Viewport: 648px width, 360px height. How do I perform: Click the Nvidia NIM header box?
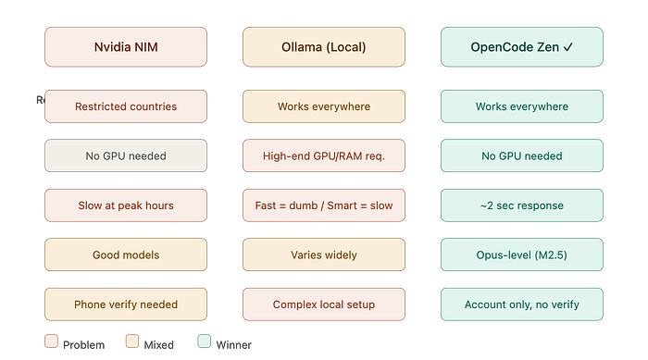tap(126, 46)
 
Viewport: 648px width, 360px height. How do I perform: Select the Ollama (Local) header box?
tap(324, 46)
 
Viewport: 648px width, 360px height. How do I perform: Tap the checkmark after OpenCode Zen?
tap(568, 47)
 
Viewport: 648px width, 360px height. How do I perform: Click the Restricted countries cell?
tap(126, 106)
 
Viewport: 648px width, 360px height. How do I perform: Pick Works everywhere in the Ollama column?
tap(324, 106)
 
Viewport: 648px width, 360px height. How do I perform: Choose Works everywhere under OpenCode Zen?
tap(521, 106)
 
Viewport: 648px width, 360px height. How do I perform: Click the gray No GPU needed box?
tap(126, 155)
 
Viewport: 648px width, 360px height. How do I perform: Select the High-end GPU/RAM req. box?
tap(324, 155)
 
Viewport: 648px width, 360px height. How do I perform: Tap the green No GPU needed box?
tap(521, 155)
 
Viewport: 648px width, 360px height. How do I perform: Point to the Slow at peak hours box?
tap(126, 205)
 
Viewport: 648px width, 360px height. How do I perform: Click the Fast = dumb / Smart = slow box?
tap(324, 205)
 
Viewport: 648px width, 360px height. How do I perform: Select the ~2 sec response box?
tap(521, 205)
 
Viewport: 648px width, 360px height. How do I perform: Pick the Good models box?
tap(126, 254)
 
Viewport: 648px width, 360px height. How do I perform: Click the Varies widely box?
tap(324, 254)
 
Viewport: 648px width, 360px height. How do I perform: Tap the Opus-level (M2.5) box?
tap(521, 254)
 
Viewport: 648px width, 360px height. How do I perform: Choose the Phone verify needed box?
tap(126, 304)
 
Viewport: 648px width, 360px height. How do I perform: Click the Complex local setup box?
tap(324, 304)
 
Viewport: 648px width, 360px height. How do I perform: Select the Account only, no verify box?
tap(521, 304)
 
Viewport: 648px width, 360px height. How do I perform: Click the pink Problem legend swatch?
tap(51, 341)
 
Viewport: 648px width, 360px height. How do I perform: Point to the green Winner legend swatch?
tap(205, 341)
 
